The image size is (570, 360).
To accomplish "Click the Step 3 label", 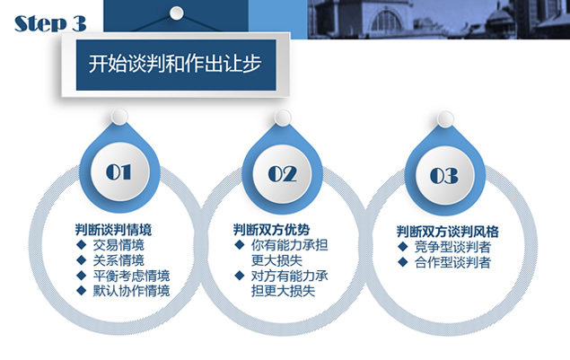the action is point(50,23).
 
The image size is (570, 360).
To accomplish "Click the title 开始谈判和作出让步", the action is point(175,64).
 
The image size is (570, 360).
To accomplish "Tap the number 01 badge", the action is point(118,172).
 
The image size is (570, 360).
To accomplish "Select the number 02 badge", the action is point(282,174).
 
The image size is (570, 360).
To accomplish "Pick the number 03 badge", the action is point(444,176).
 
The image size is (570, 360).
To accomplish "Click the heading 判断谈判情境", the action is point(113,230).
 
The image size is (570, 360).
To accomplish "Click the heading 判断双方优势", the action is point(272,230).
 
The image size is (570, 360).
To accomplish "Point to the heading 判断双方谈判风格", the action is point(448,232).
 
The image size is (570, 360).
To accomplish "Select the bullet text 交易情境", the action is point(118,245).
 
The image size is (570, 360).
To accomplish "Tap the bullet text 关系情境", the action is point(118,260).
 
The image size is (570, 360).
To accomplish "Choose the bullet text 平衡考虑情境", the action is point(131,276).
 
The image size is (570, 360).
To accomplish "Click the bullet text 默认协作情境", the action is point(131,291).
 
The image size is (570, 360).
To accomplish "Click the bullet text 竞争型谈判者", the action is point(452,247).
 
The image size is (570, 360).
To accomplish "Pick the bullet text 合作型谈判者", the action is point(452,262).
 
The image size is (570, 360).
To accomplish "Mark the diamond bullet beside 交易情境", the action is point(81,245).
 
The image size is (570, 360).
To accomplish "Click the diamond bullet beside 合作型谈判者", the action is point(402,262).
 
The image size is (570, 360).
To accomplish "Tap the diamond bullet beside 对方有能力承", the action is point(239,276).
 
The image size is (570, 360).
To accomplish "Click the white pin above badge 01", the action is point(119,117).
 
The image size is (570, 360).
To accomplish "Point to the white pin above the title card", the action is point(177,13).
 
